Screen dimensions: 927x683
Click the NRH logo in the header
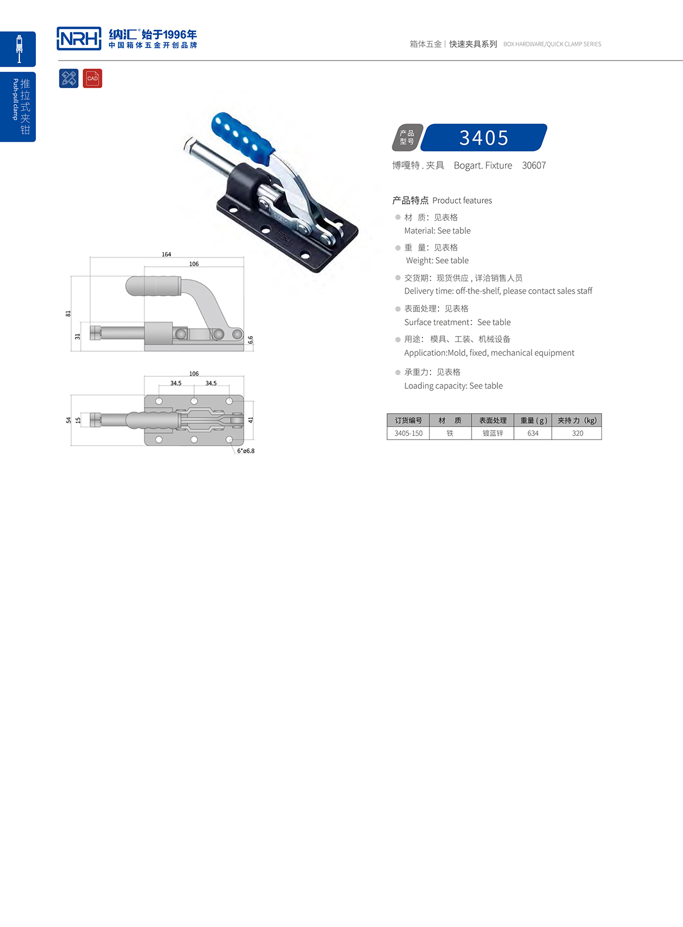[79, 39]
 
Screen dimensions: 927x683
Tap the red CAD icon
[93, 78]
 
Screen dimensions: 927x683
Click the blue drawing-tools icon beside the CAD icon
[69, 78]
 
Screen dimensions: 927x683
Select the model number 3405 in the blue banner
[484, 138]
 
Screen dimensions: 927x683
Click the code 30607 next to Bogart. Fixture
[534, 165]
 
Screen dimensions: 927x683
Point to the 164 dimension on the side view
[166, 254]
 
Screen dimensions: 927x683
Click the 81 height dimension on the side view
[68, 313]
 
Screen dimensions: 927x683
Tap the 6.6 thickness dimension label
[251, 340]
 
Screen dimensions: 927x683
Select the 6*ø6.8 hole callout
[246, 451]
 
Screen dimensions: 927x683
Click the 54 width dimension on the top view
[68, 420]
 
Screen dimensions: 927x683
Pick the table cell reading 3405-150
[408, 433]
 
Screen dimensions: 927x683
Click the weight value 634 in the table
[533, 433]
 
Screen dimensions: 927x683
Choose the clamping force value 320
[577, 433]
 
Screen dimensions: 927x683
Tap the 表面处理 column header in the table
[492, 420]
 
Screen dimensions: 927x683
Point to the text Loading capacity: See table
[453, 386]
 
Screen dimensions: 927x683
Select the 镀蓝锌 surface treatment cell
[492, 433]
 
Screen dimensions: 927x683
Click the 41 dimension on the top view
[251, 420]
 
